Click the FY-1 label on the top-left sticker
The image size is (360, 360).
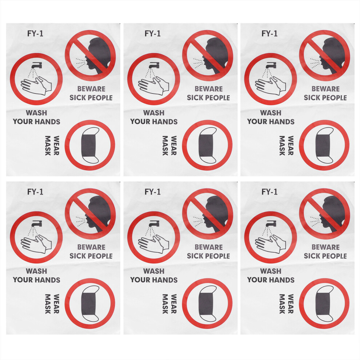(35, 33)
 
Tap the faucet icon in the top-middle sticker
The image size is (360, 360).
(154, 65)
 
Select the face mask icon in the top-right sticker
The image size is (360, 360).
(324, 145)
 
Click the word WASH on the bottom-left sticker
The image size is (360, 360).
(36, 271)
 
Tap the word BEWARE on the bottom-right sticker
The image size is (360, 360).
(325, 247)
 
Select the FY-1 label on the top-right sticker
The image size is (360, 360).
(269, 33)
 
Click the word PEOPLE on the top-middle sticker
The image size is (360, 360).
(218, 97)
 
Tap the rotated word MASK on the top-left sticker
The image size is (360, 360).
(48, 145)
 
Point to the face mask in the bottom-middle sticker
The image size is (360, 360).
(208, 304)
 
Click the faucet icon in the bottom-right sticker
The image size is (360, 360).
(271, 223)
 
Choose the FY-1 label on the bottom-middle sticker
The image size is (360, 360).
(152, 192)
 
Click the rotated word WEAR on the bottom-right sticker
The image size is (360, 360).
(291, 304)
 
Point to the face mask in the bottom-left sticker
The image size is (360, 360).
(90, 304)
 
